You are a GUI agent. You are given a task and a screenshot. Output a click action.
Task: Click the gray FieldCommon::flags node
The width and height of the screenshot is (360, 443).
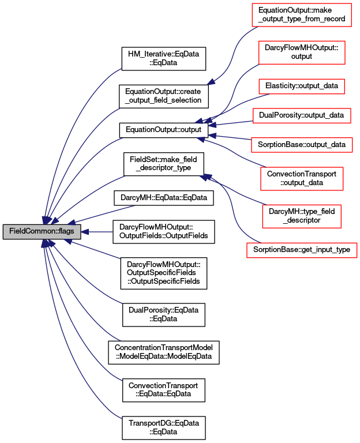(x=42, y=232)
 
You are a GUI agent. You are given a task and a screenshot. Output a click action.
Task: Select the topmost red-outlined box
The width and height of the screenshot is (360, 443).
(x=301, y=15)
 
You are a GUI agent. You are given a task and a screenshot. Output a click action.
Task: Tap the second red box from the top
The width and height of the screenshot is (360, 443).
(x=302, y=52)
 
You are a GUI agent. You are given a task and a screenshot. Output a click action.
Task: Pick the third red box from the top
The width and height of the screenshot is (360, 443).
(x=301, y=87)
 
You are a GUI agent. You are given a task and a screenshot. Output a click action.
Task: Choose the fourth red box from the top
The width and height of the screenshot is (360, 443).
(x=302, y=116)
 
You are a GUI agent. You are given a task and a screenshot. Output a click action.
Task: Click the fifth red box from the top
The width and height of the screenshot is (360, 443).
(x=302, y=145)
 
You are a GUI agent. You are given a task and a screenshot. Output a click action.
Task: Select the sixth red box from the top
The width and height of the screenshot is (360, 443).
(x=302, y=179)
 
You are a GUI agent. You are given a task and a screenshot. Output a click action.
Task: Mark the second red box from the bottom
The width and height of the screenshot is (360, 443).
(x=301, y=216)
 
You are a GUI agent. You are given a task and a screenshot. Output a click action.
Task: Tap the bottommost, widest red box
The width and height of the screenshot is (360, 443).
(x=302, y=250)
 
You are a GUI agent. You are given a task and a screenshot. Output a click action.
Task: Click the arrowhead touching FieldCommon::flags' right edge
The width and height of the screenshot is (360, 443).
(x=85, y=232)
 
